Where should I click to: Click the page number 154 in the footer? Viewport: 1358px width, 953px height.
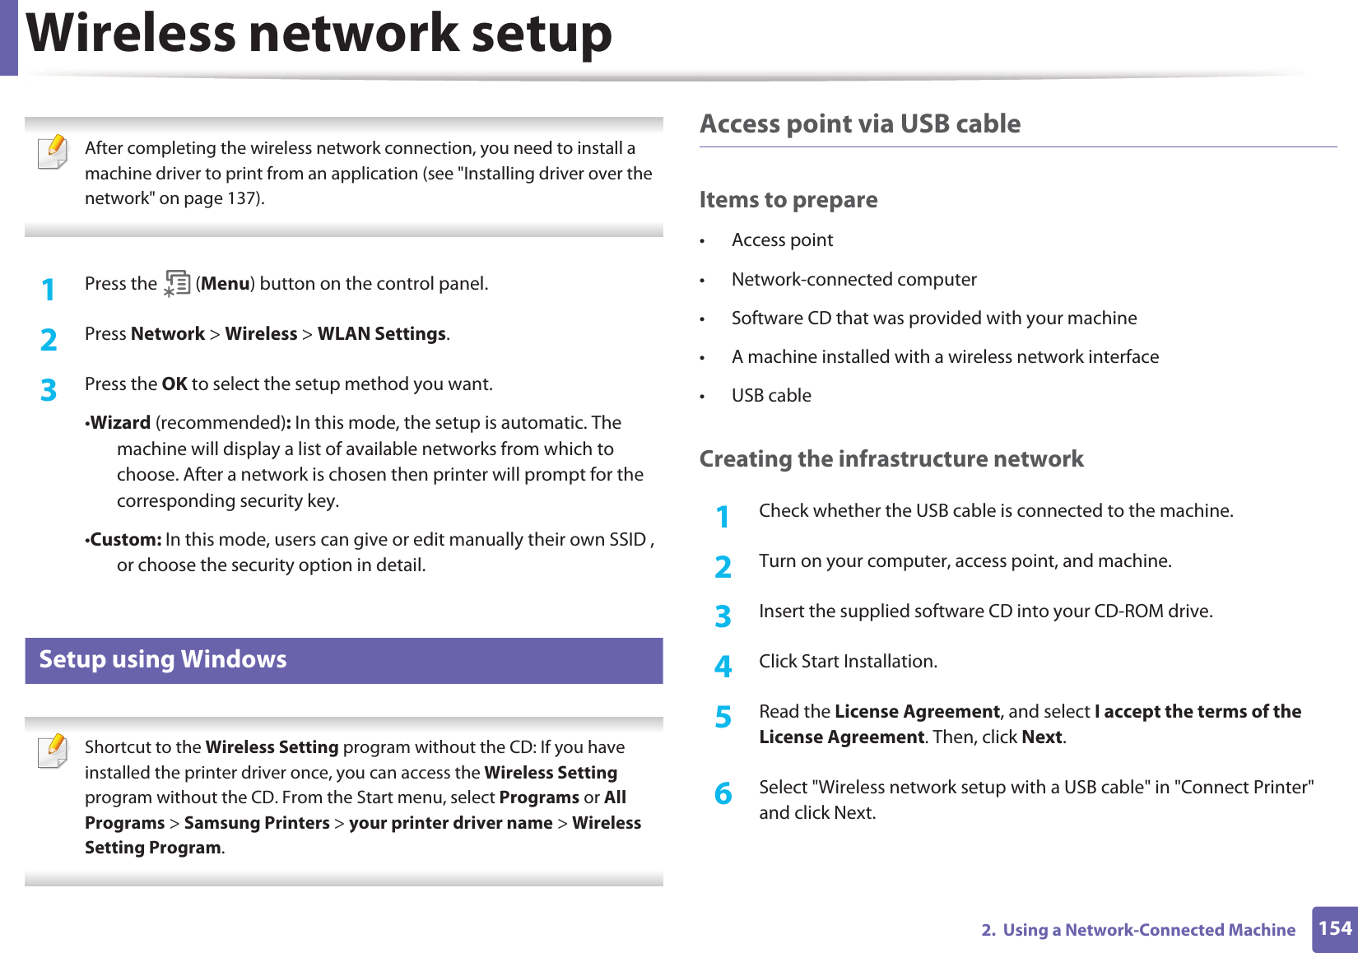[x=1334, y=928]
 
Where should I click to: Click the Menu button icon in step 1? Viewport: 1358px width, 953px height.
[x=176, y=283]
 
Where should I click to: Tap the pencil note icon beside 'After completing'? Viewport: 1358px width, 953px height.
[x=53, y=152]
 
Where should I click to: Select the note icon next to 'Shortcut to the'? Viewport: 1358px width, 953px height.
[x=53, y=751]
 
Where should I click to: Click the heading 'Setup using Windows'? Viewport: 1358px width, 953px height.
[x=163, y=659]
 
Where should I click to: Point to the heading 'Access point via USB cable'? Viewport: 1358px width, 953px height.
[x=860, y=123]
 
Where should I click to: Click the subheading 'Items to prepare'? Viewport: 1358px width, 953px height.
[x=788, y=200]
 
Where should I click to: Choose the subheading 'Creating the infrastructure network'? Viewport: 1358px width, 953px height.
[x=891, y=458]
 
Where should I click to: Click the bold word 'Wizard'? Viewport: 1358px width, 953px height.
[x=121, y=423]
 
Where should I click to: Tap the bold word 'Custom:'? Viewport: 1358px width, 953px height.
[x=126, y=540]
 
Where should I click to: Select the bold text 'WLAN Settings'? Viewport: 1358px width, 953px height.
[x=382, y=334]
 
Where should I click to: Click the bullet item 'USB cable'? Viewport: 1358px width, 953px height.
[x=771, y=396]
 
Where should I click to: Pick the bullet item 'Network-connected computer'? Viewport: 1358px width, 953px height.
[x=853, y=280]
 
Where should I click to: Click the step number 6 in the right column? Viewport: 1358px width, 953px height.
[x=723, y=793]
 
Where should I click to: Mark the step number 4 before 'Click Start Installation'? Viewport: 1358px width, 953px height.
[x=723, y=666]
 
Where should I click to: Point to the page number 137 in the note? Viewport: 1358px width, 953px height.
[x=244, y=198]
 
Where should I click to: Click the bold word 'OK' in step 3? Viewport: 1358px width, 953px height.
[x=174, y=384]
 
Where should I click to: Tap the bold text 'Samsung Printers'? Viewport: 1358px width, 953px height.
[x=257, y=823]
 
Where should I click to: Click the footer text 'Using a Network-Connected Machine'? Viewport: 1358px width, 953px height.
[x=1149, y=930]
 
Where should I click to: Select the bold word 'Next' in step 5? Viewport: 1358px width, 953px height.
[x=1042, y=737]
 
